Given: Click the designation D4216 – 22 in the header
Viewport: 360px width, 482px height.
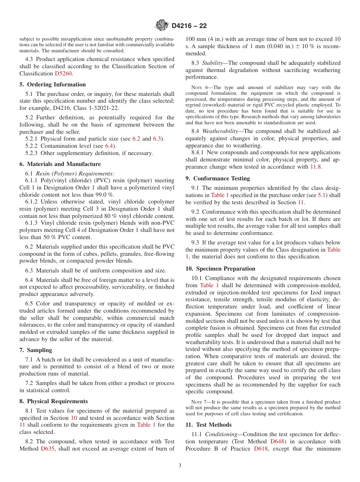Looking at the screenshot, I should tap(189, 26).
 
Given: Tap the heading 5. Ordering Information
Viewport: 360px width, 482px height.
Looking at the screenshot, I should tap(53, 85).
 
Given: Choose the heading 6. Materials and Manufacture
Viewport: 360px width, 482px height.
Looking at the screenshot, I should tap(60, 164).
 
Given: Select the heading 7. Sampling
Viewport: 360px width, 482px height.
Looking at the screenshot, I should tap(36, 350).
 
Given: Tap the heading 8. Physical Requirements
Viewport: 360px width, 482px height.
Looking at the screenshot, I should tap(53, 401).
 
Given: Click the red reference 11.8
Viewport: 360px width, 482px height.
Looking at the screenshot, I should tap(315, 167).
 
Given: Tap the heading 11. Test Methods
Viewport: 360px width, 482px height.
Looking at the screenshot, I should tap(208, 425).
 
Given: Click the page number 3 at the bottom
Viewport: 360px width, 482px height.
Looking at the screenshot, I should tap(180, 466).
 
